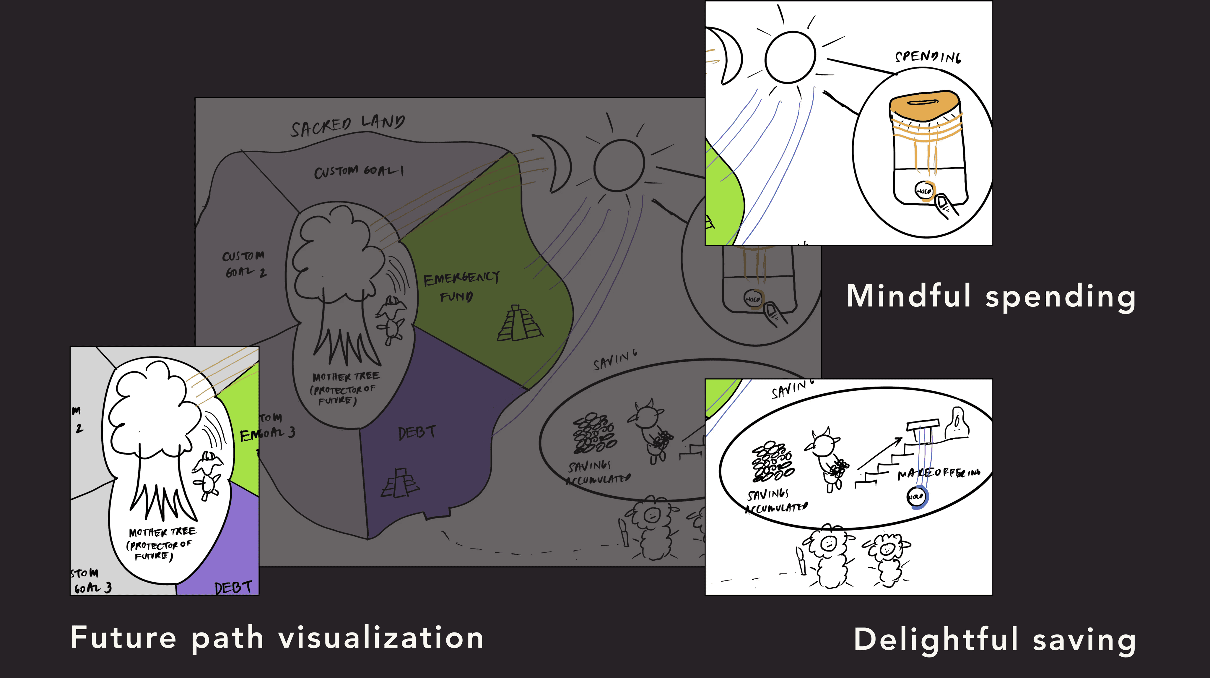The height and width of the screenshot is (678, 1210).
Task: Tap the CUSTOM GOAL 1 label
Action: point(358,171)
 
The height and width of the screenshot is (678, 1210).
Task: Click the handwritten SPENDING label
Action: point(927,57)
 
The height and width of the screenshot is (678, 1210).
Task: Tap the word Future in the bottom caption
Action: point(123,638)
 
